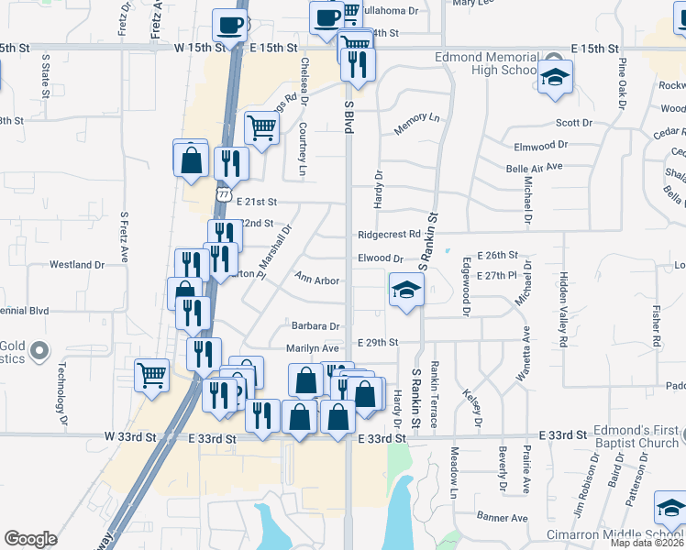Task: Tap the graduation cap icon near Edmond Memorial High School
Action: click(555, 78)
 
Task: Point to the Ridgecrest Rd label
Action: click(389, 235)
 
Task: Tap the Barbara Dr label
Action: click(315, 325)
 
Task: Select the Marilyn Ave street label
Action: click(313, 348)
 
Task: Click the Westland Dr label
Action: click(77, 265)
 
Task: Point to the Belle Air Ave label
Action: click(534, 168)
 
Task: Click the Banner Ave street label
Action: click(501, 518)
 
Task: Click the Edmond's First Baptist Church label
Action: click(635, 437)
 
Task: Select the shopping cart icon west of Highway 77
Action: click(152, 374)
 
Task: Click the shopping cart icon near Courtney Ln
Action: click(261, 127)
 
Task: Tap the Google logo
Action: click(30, 539)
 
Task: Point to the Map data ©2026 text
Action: click(647, 543)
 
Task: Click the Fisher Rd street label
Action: click(657, 326)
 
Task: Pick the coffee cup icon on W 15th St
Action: click(230, 24)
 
